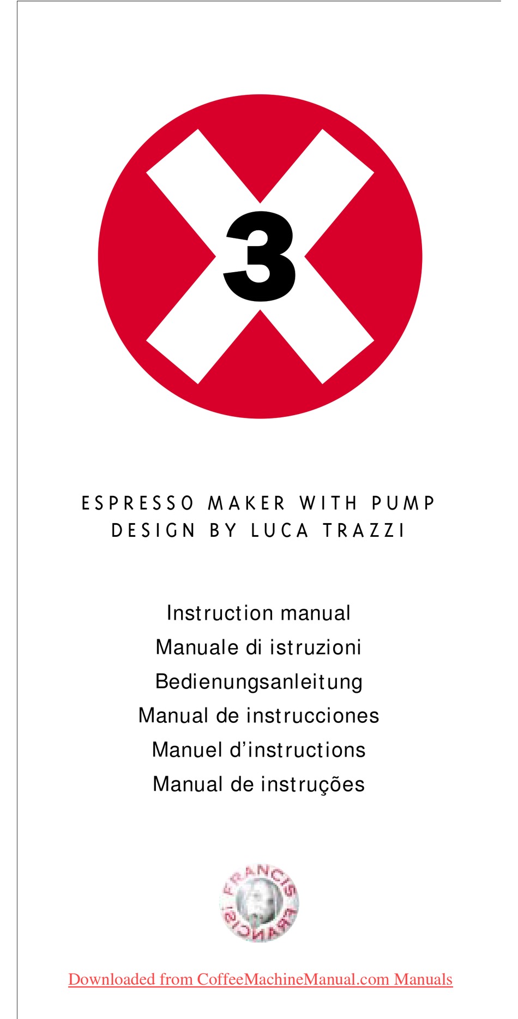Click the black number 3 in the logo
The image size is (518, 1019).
(x=260, y=256)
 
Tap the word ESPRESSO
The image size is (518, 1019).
(x=137, y=503)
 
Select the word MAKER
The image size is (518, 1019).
(x=247, y=503)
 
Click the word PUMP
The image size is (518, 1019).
(x=403, y=503)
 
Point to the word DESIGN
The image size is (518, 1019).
(x=153, y=531)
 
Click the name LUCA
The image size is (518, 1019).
(x=280, y=531)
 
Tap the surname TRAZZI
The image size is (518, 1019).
(x=364, y=531)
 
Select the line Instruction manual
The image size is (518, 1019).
(x=258, y=613)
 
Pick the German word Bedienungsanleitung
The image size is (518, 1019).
(x=259, y=682)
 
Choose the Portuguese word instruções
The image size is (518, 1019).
(x=312, y=784)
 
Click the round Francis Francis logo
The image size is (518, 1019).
(x=260, y=903)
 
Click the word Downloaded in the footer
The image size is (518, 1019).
(x=112, y=979)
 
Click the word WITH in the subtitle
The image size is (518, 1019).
(x=328, y=503)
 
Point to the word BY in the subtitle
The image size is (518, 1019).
(x=224, y=531)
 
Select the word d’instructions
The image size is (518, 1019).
(x=297, y=750)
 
